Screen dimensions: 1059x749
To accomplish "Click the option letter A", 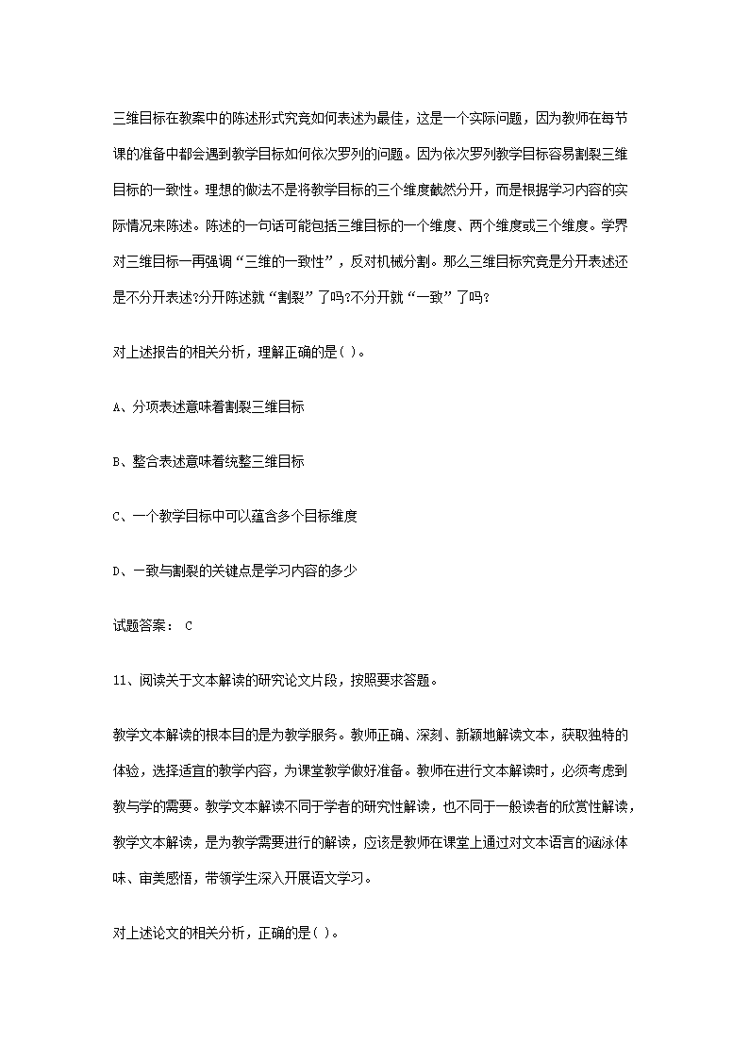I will (116, 407).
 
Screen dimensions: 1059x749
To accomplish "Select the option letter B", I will (116, 462).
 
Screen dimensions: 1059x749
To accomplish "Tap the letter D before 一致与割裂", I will (116, 571).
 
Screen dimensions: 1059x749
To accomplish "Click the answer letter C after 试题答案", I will (189, 625).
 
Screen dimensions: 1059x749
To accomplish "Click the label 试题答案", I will (137, 625).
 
